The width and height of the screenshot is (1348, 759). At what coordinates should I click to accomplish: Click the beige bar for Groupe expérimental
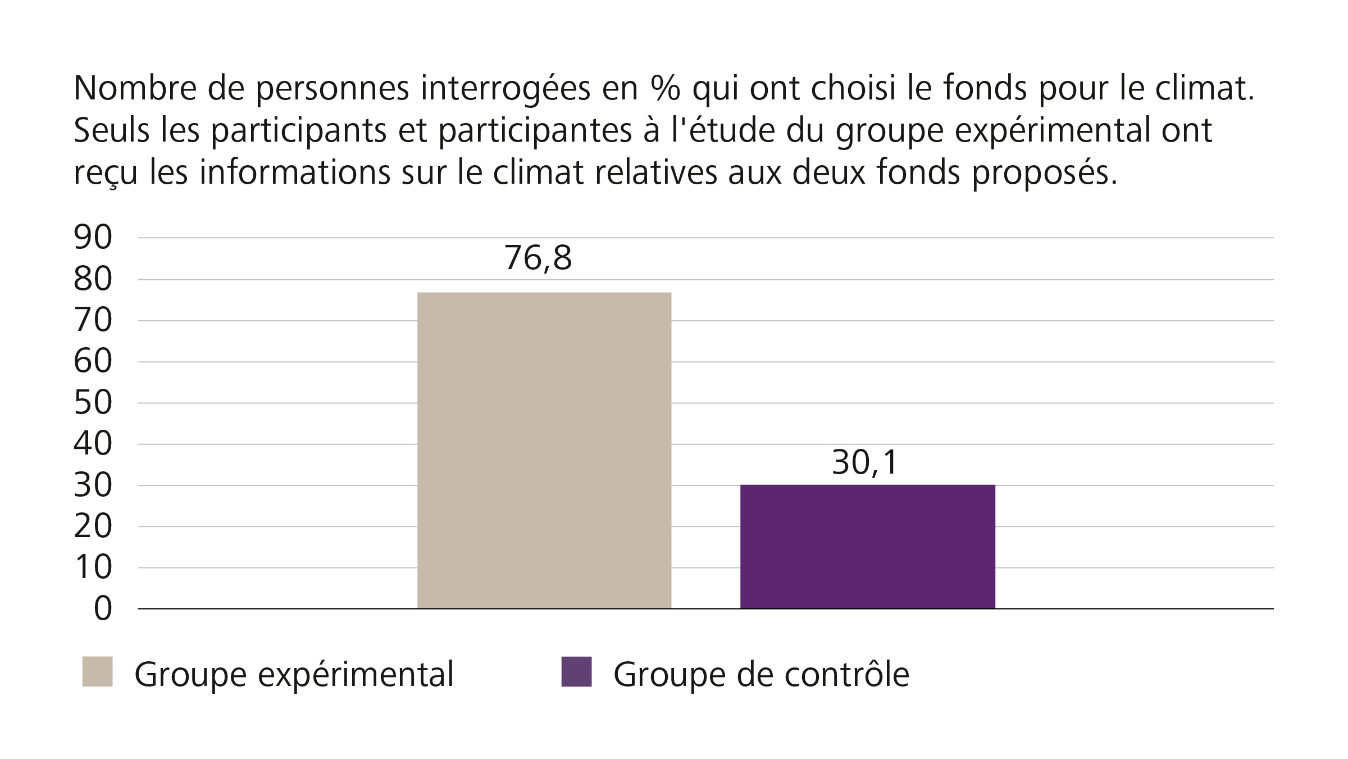[544, 450]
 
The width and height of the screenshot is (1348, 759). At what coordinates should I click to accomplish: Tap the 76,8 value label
[538, 258]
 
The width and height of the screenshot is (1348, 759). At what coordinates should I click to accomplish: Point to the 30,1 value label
[865, 463]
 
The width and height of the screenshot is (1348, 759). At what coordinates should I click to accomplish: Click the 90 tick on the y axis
[93, 238]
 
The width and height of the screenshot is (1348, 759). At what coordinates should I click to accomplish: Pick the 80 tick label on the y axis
[93, 279]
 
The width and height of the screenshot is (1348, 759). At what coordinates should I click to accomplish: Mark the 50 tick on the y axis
[93, 403]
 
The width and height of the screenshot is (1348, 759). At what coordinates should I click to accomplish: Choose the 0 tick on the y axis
[103, 608]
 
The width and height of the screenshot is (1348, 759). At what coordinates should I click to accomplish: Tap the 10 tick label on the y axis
[93, 567]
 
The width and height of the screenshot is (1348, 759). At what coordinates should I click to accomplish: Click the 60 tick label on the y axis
[93, 362]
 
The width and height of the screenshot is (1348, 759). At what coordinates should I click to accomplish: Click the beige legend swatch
[97, 671]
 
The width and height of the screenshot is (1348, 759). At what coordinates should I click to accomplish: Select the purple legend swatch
[576, 671]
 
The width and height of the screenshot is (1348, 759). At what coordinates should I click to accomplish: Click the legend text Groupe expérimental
[294, 674]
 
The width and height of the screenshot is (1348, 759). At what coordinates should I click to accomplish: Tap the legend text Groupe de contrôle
[761, 674]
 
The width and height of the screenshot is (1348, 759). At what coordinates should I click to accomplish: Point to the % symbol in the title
[666, 88]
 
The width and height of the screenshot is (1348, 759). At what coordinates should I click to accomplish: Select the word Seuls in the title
[111, 130]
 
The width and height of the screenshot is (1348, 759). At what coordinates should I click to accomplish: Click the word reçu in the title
[105, 173]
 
